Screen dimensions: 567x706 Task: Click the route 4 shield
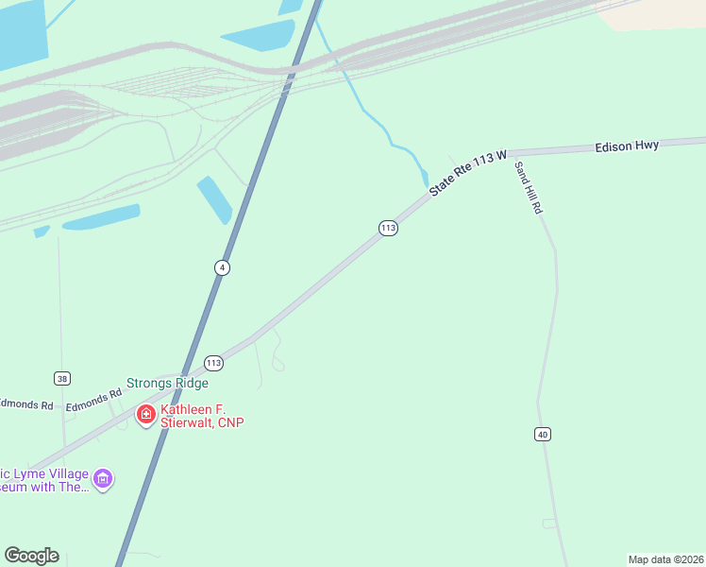tap(222, 267)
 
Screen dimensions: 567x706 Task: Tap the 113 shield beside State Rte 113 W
tap(388, 228)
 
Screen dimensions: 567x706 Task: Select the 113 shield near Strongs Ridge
tap(213, 363)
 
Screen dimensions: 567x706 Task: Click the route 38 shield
tap(62, 379)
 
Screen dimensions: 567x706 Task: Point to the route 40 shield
tap(542, 434)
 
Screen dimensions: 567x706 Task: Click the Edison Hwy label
tap(627, 146)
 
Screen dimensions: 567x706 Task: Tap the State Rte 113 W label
tap(468, 173)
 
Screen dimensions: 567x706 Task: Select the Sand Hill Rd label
tap(527, 187)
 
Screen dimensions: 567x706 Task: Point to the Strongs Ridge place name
tap(167, 383)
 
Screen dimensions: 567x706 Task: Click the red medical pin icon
tap(146, 414)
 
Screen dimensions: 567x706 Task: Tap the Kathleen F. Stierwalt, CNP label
tap(202, 416)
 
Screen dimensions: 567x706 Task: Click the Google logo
tap(31, 556)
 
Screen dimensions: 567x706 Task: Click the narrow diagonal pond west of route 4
tap(214, 198)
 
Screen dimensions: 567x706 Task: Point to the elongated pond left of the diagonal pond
tap(101, 217)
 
